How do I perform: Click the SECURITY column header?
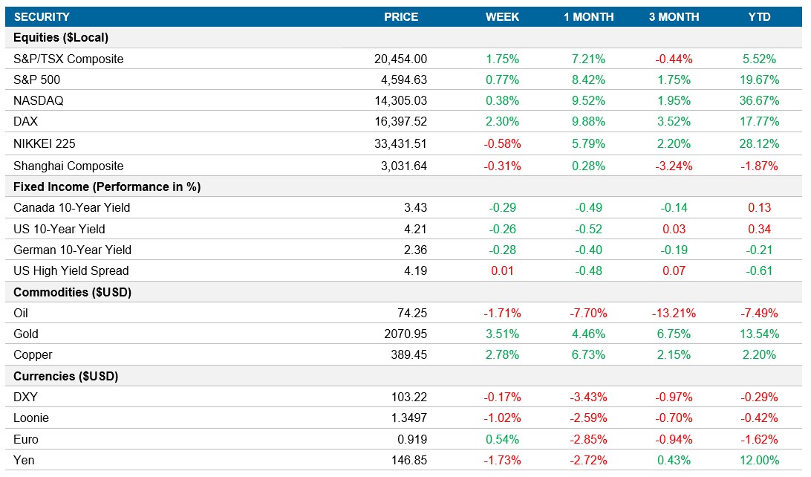click(42, 17)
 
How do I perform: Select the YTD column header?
click(759, 17)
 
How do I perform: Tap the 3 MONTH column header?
click(674, 17)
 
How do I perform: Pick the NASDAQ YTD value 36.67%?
click(759, 100)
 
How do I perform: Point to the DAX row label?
click(27, 121)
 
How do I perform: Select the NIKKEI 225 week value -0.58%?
click(502, 143)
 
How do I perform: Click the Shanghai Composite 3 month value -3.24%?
click(674, 166)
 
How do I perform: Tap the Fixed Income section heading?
click(107, 186)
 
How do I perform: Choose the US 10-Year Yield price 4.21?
click(414, 229)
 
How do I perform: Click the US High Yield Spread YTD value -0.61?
click(759, 270)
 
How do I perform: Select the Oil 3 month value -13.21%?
click(674, 313)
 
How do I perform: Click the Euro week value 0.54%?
click(502, 439)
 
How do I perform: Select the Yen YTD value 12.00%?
click(759, 460)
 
